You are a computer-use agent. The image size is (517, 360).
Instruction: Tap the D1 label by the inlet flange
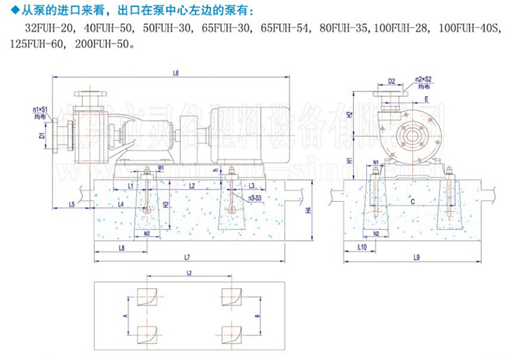pyautogui.click(x=42, y=134)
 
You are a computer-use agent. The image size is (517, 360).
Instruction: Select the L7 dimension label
pyautogui.click(x=187, y=257)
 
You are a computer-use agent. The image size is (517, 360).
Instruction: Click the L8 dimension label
pyautogui.click(x=121, y=248)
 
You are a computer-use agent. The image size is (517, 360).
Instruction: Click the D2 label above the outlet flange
pyautogui.click(x=391, y=81)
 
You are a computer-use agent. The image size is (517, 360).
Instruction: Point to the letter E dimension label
pyautogui.click(x=427, y=98)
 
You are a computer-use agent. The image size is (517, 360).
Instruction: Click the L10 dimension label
pyautogui.click(x=363, y=247)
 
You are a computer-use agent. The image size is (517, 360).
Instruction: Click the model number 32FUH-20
pyautogui.click(x=48, y=29)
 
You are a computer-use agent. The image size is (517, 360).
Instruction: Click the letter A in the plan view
pyautogui.click(x=124, y=314)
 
